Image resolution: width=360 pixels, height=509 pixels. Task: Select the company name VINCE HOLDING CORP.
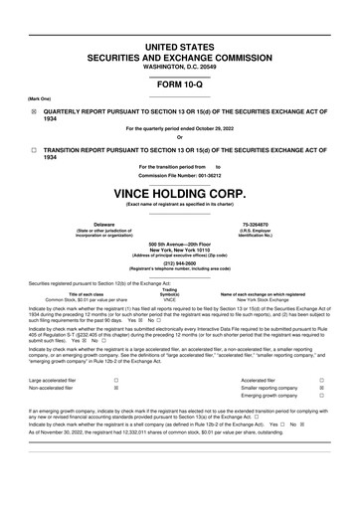[x=180, y=191]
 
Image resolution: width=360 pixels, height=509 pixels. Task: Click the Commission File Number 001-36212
[x=180, y=175]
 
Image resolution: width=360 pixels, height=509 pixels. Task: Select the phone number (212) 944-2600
[x=180, y=263]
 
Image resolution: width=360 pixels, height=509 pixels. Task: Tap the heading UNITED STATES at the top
[x=180, y=48]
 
